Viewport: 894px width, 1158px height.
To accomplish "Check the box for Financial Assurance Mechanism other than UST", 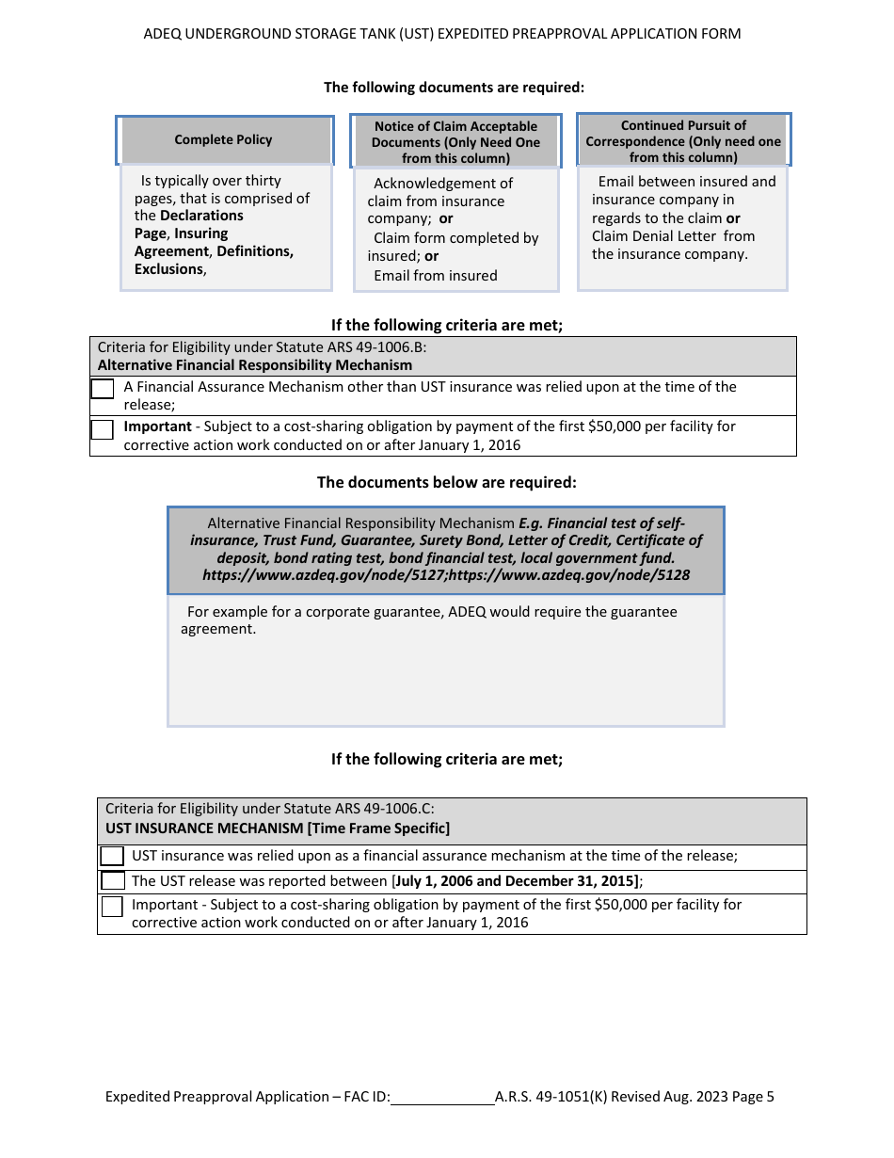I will pyautogui.click(x=103, y=388).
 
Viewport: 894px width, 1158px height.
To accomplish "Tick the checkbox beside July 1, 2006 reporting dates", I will pyautogui.click(x=113, y=881).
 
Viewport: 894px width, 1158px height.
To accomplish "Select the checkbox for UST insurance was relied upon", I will pyautogui.click(x=112, y=856).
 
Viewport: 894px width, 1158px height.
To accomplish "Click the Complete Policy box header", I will pyautogui.click(x=223, y=139).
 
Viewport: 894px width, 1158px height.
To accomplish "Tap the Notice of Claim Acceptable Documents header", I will pyautogui.click(x=455, y=141).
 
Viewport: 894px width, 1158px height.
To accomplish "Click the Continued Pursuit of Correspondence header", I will pyautogui.click(x=683, y=140).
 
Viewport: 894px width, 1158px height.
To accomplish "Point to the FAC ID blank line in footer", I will pyautogui.click(x=442, y=1097).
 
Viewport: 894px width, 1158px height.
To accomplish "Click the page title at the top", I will pyautogui.click(x=442, y=34).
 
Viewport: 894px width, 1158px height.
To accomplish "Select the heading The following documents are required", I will pyautogui.click(x=454, y=88).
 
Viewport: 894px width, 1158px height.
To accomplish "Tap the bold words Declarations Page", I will pyautogui.click(x=188, y=224).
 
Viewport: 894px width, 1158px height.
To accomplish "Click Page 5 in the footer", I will pyautogui.click(x=752, y=1097).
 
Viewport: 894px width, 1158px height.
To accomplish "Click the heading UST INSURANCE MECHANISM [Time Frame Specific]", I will pyautogui.click(x=278, y=828).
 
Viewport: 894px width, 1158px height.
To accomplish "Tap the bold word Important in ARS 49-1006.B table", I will pyautogui.click(x=157, y=426).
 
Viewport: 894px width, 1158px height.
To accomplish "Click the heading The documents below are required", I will pyautogui.click(x=446, y=482).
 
